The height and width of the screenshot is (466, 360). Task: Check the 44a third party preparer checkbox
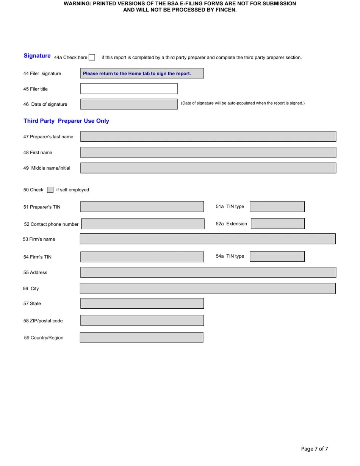(x=92, y=57)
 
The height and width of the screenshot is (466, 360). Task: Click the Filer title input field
(x=129, y=89)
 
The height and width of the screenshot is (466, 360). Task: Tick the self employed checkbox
(x=50, y=190)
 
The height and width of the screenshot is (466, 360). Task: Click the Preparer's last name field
(x=208, y=136)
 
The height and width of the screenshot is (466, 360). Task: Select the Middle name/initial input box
(x=208, y=168)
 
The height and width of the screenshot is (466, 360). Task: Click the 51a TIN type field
(x=277, y=206)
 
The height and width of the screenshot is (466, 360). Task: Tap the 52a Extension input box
(x=277, y=224)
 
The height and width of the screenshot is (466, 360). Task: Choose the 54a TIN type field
(x=277, y=256)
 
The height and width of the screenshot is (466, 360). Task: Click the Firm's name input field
(x=208, y=239)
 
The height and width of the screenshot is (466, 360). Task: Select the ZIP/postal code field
(x=142, y=321)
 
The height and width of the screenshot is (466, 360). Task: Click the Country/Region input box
(x=141, y=337)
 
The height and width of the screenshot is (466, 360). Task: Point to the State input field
(x=142, y=303)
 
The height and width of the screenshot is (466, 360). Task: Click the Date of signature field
(x=129, y=104)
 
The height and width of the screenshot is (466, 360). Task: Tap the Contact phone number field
(x=143, y=224)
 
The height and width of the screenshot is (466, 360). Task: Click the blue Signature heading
(x=37, y=56)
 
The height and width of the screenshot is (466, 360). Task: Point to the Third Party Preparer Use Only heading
(x=66, y=121)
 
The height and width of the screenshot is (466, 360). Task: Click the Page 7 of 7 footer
(x=315, y=449)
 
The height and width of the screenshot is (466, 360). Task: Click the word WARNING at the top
(x=77, y=3)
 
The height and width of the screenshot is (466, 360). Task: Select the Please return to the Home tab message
(x=137, y=73)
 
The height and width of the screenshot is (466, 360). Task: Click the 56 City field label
(x=31, y=289)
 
